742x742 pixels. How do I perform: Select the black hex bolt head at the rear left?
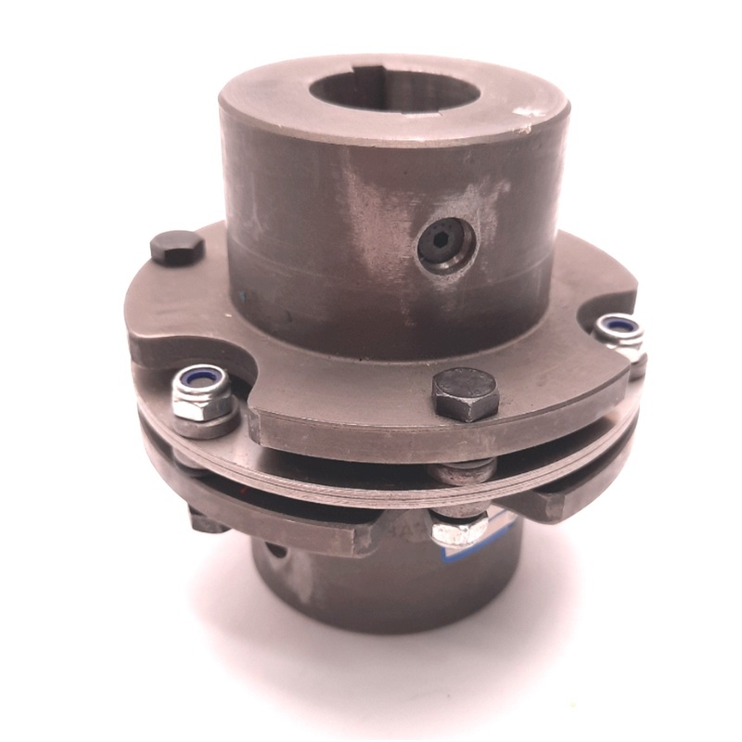tap(176, 248)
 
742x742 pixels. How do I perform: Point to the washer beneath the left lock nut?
tap(202, 422)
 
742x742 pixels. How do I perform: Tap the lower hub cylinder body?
tap(371, 594)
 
